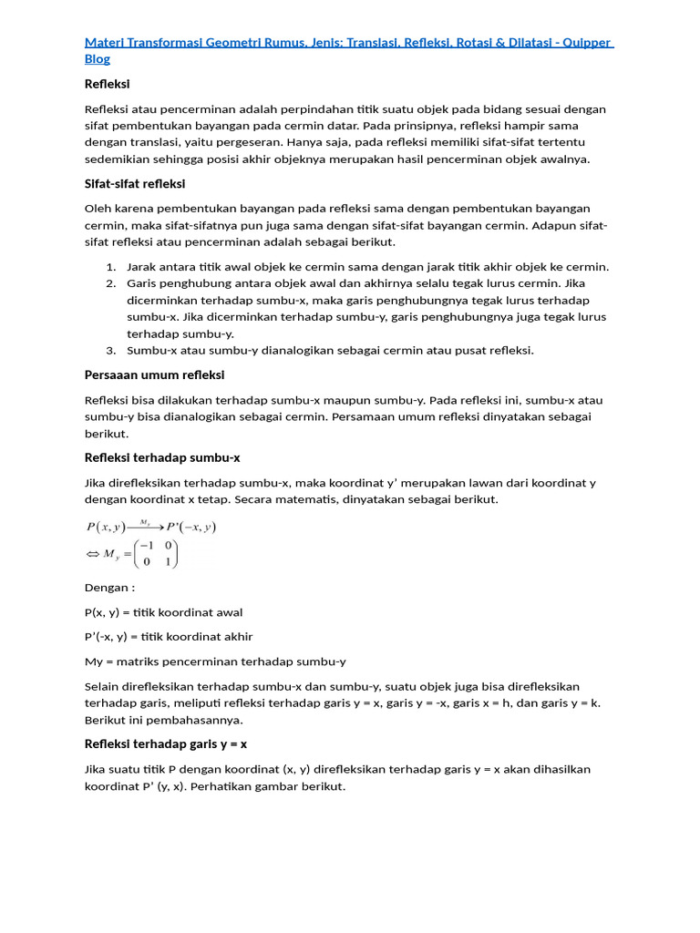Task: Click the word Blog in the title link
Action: coord(98,59)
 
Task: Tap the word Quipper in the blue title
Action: coord(583,42)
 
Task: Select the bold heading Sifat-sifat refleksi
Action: coord(135,184)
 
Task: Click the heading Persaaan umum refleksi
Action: coord(154,375)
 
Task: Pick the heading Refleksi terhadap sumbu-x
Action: coord(162,458)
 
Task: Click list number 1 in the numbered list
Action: coord(110,267)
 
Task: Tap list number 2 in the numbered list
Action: coord(110,284)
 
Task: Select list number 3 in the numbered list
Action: coord(110,351)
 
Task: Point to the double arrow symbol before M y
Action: coord(92,554)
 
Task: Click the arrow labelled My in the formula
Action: coord(145,527)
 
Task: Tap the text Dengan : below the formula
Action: coord(109,589)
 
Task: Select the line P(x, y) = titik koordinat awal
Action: coord(164,613)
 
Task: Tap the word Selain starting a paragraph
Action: coord(104,687)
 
